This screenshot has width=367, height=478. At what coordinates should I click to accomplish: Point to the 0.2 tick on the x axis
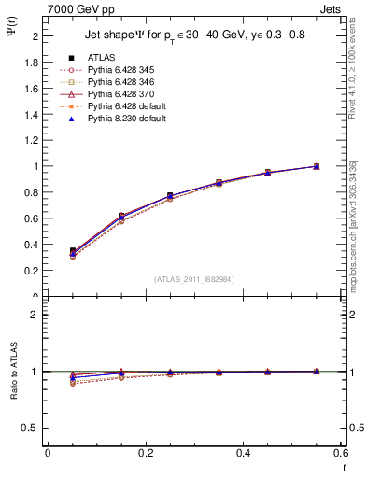point(146,453)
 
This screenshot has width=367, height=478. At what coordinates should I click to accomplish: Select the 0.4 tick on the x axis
point(244,453)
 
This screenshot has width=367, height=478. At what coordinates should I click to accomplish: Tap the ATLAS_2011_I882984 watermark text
point(194,279)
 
